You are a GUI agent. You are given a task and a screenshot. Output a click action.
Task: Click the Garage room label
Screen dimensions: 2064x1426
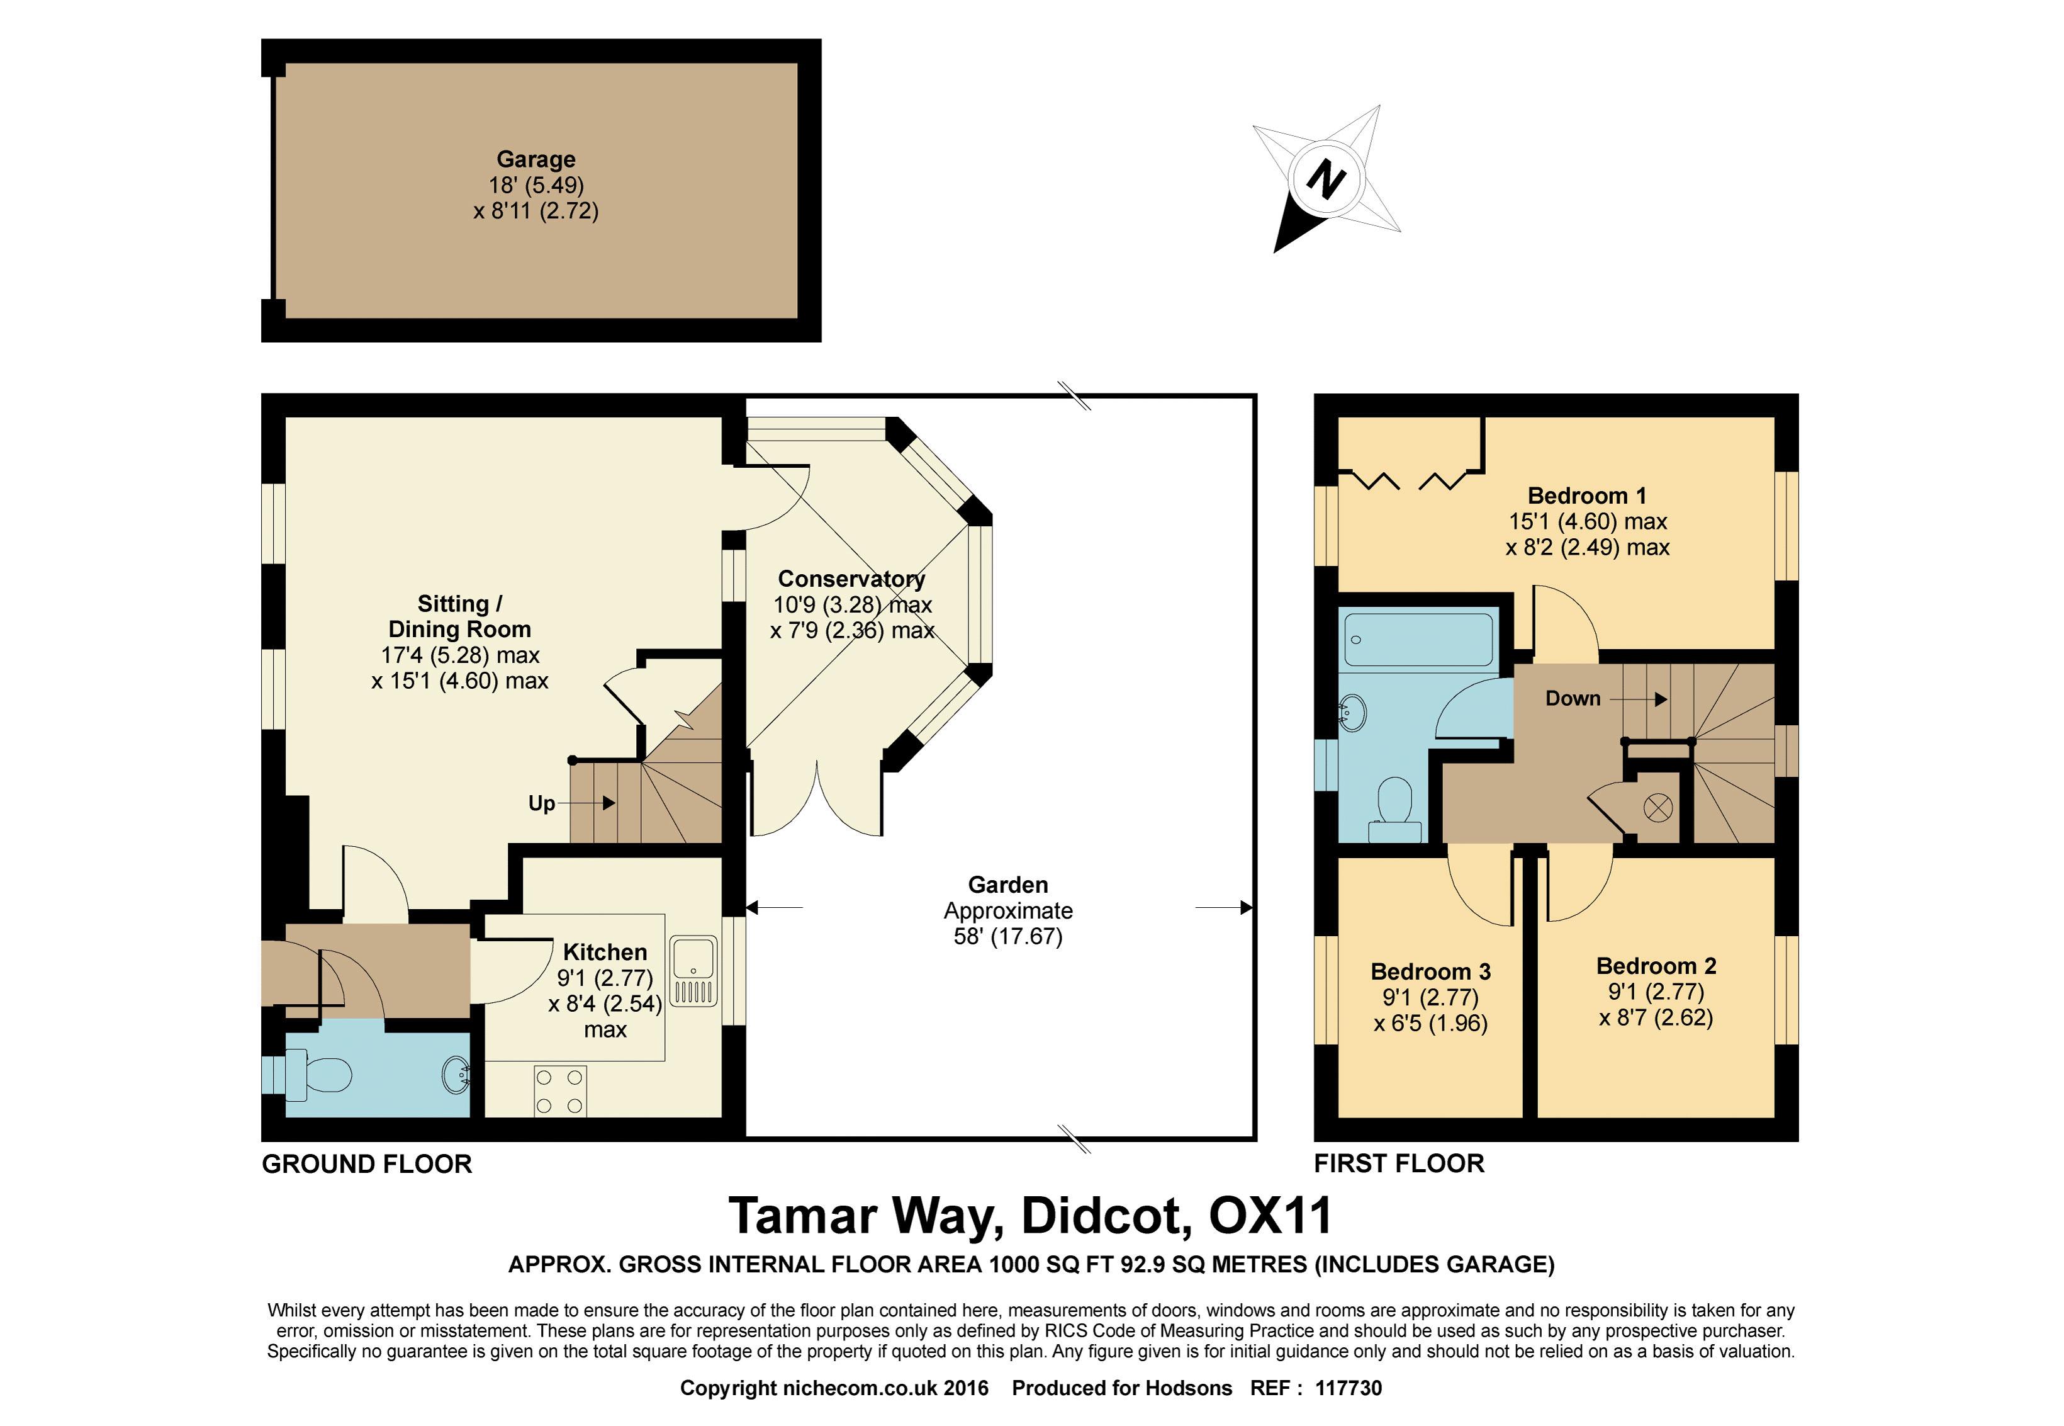pyautogui.click(x=536, y=160)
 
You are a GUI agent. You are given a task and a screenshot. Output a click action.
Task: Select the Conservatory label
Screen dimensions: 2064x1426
pyautogui.click(x=851, y=579)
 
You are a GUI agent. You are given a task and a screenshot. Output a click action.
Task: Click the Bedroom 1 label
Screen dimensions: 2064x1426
pyautogui.click(x=1586, y=496)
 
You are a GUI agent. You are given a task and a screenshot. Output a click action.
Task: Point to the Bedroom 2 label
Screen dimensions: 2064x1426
pyautogui.click(x=1656, y=966)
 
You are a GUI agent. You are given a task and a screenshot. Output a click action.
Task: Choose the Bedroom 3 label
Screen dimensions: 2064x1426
pyautogui.click(x=1431, y=971)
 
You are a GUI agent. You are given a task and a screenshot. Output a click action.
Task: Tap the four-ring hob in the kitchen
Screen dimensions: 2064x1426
pyautogui.click(x=560, y=1091)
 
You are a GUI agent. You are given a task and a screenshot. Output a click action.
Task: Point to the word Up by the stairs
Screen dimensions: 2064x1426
pyautogui.click(x=541, y=803)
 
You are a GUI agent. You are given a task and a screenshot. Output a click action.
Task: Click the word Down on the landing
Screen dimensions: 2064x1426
pyautogui.click(x=1573, y=699)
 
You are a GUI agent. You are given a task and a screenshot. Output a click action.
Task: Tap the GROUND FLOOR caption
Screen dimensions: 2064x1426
pyautogui.click(x=366, y=1164)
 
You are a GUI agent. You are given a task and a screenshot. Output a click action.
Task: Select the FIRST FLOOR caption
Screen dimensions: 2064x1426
pyautogui.click(x=1399, y=1163)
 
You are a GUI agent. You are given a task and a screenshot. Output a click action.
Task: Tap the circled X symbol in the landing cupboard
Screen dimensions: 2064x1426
pyautogui.click(x=1657, y=808)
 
